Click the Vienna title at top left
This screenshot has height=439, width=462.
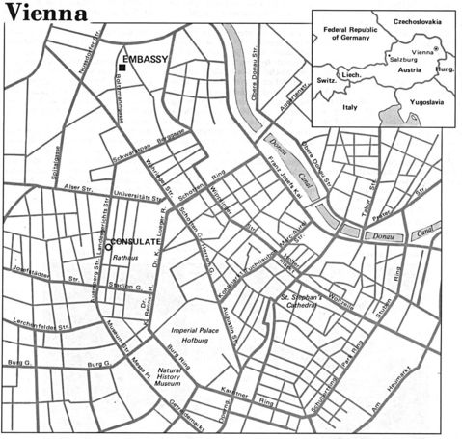47,14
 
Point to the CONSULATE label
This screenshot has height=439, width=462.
136,240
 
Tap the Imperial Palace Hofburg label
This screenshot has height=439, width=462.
198,334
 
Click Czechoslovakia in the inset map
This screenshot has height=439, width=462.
416,20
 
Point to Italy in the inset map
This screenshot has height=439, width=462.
348,107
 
